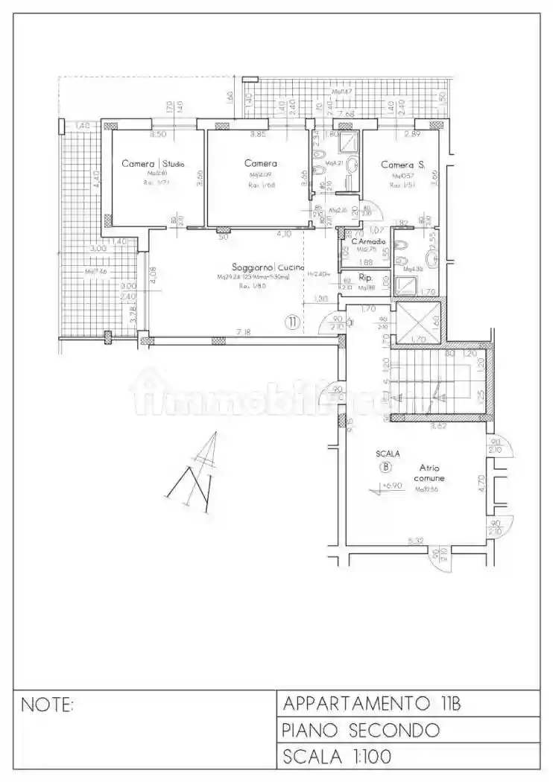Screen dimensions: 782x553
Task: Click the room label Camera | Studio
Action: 153,164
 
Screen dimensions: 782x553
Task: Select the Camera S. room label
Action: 402,165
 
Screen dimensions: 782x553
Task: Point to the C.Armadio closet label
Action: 369,241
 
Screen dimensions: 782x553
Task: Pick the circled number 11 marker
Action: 292,322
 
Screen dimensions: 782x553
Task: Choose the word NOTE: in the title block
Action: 48,704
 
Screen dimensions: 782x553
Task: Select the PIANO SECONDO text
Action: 361,730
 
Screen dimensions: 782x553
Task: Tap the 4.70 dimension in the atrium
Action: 481,486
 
